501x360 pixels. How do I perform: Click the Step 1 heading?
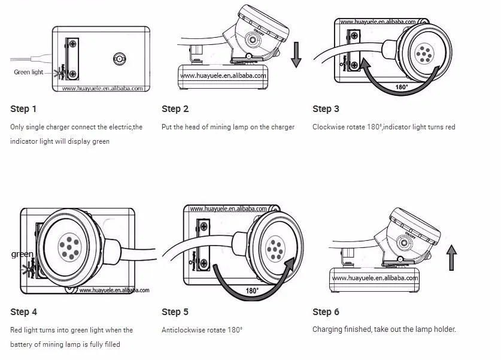point(23,109)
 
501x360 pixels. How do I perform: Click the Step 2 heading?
point(175,109)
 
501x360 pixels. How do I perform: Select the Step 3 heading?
point(326,109)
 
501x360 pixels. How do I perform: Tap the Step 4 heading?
point(23,312)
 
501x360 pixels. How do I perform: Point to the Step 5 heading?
point(175,312)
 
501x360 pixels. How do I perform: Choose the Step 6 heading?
point(326,312)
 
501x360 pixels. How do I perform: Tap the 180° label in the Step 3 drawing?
point(402,87)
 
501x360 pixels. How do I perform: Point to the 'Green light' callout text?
point(29,72)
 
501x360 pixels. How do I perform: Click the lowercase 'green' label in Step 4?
point(22,255)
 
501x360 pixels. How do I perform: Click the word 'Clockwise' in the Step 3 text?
point(329,127)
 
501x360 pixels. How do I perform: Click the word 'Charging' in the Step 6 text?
point(327,330)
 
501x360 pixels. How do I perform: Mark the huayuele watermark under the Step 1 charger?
point(102,89)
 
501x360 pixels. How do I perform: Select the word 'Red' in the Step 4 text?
point(17,330)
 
